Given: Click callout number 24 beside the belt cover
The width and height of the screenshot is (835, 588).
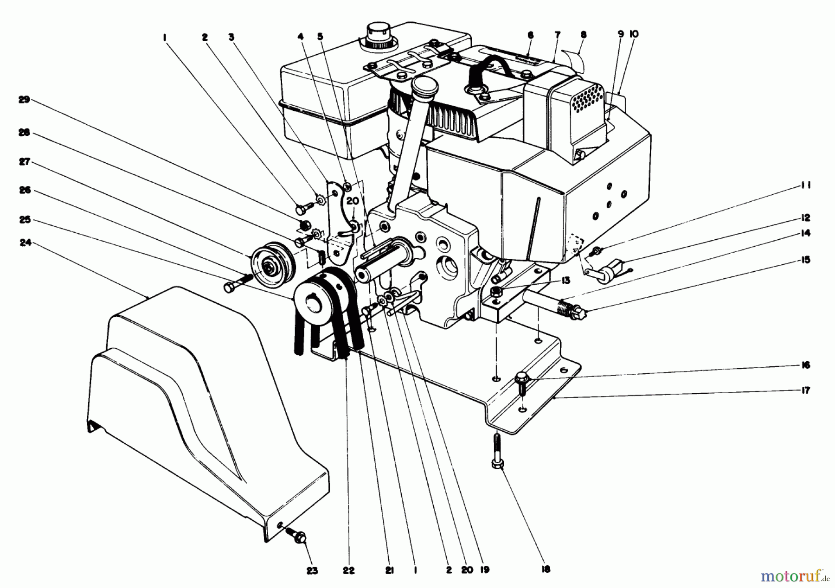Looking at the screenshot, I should click(25, 243).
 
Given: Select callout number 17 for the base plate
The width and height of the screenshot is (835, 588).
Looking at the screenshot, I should click(805, 390).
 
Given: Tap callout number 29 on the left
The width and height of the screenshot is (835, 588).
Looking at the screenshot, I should click(24, 100).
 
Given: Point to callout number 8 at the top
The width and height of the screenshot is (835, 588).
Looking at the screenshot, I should click(583, 34).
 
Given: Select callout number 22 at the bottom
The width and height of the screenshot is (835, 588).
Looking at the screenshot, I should click(349, 570).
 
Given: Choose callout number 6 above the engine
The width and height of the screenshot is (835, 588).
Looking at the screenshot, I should click(531, 35).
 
